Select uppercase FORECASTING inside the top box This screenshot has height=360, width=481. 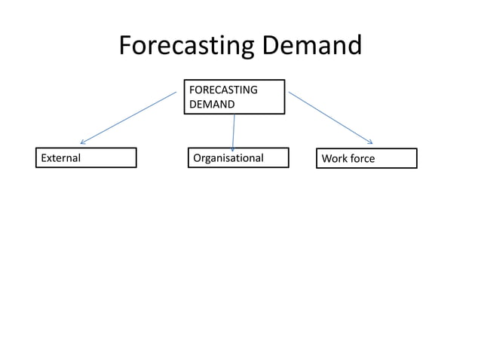coord(223,90)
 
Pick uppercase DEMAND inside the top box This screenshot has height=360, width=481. coord(211,104)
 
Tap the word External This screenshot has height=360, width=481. coord(60,158)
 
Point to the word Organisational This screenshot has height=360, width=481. coord(228,158)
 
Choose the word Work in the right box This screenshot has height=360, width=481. coord(334,159)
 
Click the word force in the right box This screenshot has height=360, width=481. coord(362,159)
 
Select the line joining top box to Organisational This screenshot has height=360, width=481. coord(234,131)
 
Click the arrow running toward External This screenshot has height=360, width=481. coord(128,117)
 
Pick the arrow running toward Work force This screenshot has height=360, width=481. coord(330,117)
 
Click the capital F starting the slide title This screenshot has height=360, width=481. coord(126,47)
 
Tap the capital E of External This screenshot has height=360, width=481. coord(44,158)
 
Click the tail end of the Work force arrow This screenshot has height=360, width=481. coord(290,93)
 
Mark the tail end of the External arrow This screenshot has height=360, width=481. coord(176,93)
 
